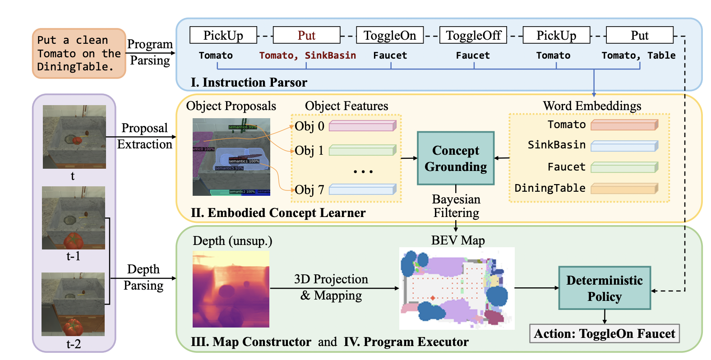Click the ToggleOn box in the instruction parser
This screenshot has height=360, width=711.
(390, 35)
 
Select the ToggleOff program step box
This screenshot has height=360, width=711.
(473, 35)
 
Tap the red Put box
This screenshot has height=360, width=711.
(307, 35)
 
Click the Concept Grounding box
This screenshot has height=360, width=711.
(456, 158)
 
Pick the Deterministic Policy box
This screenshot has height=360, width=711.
(605, 288)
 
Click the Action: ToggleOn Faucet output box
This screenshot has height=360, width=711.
(605, 334)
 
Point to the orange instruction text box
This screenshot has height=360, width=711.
(79, 53)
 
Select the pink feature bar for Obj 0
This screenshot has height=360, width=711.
(363, 126)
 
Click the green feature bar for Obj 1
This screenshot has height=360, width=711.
(363, 150)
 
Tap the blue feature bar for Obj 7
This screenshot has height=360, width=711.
(363, 189)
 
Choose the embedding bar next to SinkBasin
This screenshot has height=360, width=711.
(624, 146)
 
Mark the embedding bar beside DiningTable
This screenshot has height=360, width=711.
(624, 188)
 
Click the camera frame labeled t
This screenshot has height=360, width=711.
(74, 137)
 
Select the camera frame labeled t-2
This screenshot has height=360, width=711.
(73, 304)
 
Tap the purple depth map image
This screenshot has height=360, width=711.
(231, 289)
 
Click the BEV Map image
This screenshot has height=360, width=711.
(457, 288)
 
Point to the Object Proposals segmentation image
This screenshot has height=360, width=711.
(231, 157)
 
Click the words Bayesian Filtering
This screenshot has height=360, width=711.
(456, 206)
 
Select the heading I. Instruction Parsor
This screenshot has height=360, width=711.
(249, 83)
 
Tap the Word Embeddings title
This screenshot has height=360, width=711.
(592, 106)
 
